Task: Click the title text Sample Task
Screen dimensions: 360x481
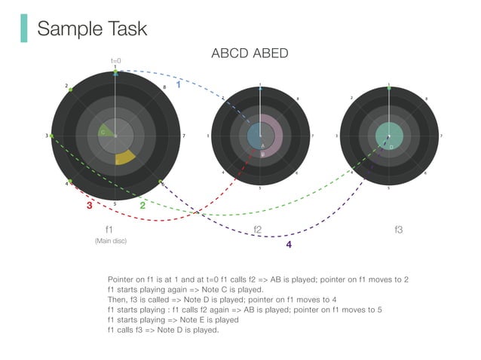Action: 92,29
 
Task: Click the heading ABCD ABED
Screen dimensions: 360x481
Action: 250,53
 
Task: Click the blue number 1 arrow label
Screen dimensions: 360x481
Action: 178,85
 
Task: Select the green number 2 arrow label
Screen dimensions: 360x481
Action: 142,204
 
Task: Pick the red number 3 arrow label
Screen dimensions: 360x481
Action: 89,205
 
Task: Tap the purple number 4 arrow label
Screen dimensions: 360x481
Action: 288,244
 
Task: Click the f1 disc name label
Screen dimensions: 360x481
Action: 109,228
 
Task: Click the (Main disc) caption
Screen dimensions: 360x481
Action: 110,241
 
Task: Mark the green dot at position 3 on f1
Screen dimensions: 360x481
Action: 51,136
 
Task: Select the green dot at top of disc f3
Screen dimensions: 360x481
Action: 389,88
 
